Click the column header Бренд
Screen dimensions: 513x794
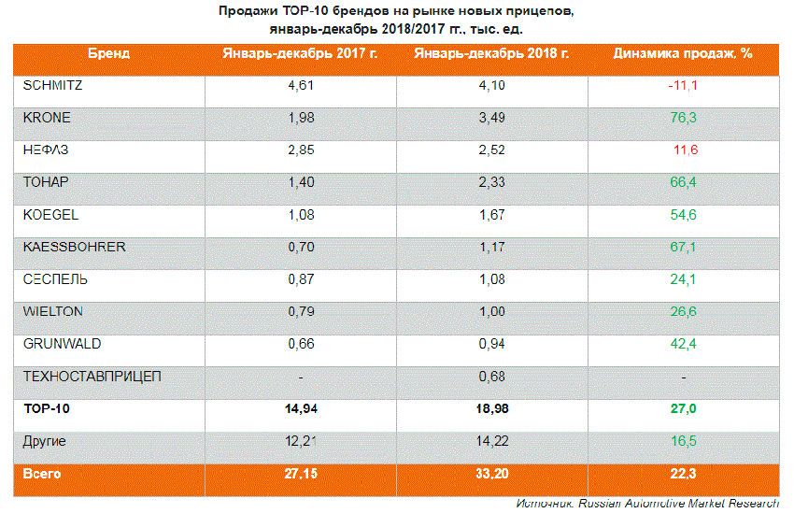coord(109,53)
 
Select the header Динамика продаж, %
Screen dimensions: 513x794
coord(683,53)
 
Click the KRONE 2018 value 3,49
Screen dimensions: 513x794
coord(491,118)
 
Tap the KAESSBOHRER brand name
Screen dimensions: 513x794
coord(73,248)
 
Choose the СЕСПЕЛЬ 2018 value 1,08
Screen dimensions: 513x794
coord(491,279)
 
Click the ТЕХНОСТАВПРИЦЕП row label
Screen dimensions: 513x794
coord(92,377)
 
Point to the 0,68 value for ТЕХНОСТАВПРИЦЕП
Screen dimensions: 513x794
coord(491,377)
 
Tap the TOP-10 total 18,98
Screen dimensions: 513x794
coord(491,409)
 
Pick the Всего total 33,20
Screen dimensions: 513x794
coord(491,474)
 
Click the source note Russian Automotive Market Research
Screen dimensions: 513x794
coord(679,503)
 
